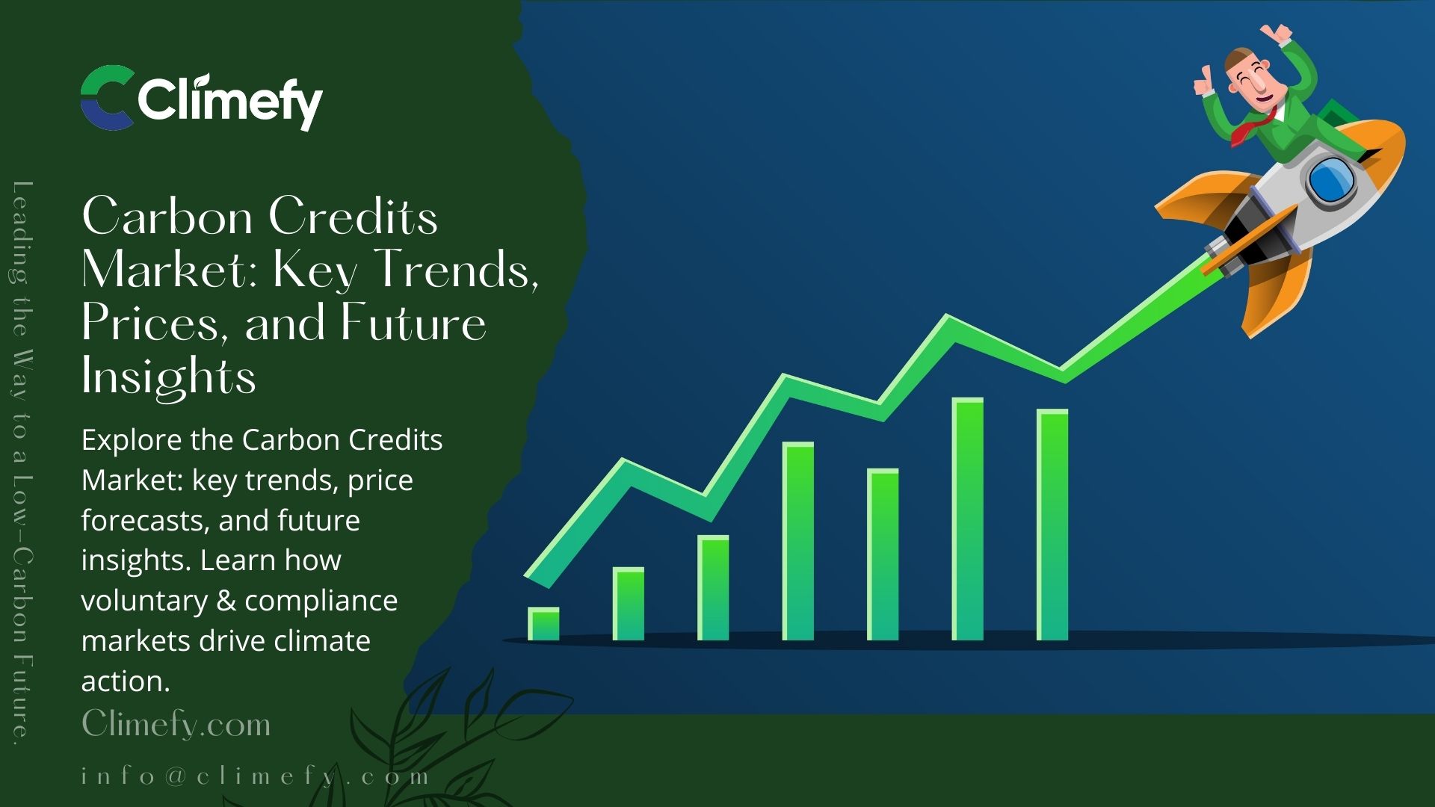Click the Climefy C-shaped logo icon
[x=107, y=98]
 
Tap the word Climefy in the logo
[x=230, y=101]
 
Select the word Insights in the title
[x=169, y=375]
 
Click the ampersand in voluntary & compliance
[x=226, y=601]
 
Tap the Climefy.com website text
[x=176, y=723]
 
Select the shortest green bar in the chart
[x=543, y=624]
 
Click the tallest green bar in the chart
[x=967, y=519]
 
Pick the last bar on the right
[x=1052, y=525]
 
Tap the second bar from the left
[x=628, y=604]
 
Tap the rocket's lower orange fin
[x=1274, y=291]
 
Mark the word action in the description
[x=126, y=681]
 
